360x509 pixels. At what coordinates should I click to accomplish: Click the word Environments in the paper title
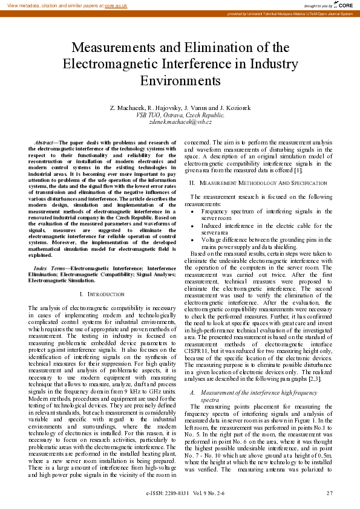point(180,80)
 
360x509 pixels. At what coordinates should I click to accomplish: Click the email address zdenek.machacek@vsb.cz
point(180,122)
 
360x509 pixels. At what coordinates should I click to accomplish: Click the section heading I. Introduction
point(102,294)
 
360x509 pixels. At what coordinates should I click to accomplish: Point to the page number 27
point(329,493)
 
